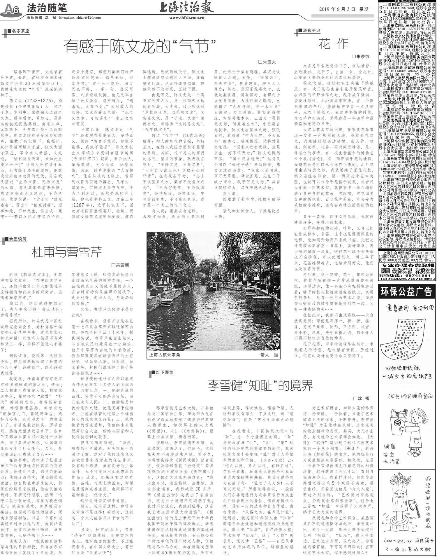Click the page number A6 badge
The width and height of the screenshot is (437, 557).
[10, 9]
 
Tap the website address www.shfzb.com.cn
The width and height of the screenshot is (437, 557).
[186, 18]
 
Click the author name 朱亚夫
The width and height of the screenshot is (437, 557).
[267, 62]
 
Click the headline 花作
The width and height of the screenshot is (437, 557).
[334, 44]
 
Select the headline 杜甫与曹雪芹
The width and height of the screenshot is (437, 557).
[67, 252]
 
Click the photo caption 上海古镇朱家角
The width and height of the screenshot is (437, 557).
[165, 355]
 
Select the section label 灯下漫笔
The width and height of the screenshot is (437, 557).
[164, 373]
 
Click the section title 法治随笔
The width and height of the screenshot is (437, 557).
[47, 8]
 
